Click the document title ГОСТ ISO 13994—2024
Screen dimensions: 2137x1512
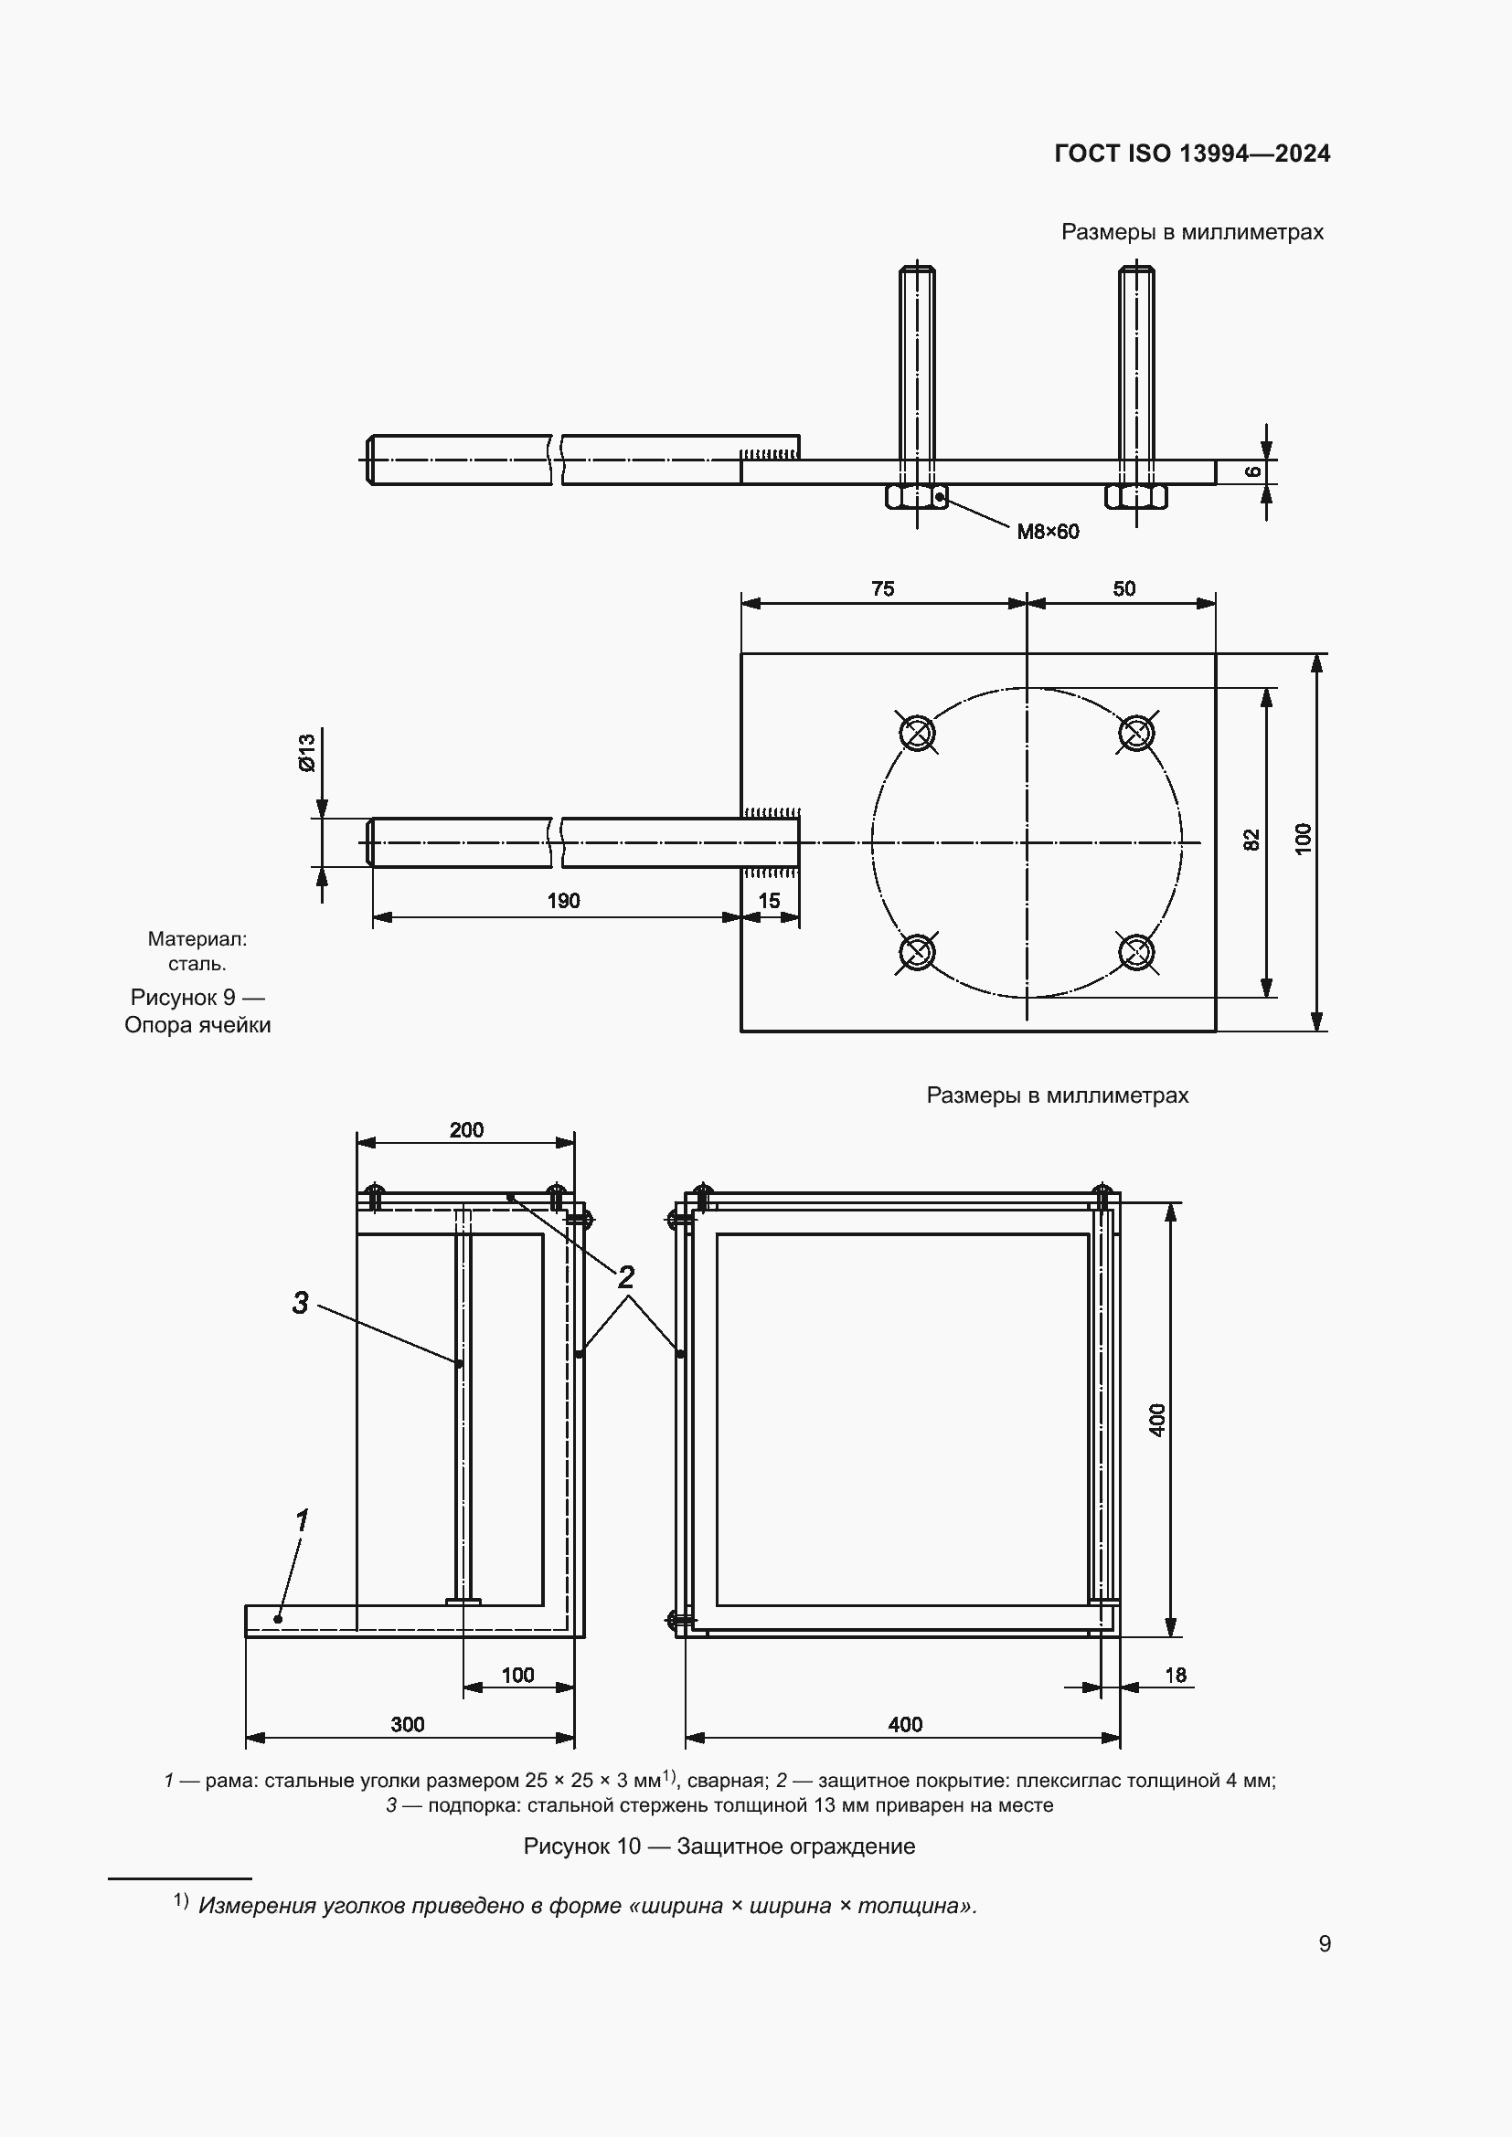tap(1192, 153)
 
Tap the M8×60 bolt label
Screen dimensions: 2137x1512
tap(1048, 532)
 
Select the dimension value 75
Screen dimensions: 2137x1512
tap(883, 588)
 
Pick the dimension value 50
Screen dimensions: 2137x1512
tap(1123, 588)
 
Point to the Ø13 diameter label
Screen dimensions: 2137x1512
tap(307, 752)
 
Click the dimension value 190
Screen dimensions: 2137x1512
tap(563, 900)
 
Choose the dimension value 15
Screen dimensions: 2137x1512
tap(769, 900)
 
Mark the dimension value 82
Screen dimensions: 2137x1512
tap(1252, 840)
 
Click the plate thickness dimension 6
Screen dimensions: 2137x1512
tap(1254, 471)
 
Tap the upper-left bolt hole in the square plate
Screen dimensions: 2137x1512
tap(917, 733)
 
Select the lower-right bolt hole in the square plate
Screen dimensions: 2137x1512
tap(1136, 951)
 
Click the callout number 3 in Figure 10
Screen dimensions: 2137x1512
tap(300, 1304)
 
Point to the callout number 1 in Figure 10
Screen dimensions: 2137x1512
tap(302, 1521)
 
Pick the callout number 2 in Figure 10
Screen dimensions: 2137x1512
tap(625, 1277)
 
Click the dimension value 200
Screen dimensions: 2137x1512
tap(466, 1129)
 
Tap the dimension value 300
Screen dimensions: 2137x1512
tap(408, 1724)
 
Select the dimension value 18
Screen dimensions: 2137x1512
tap(1175, 1675)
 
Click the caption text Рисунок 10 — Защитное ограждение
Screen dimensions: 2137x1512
tap(719, 1846)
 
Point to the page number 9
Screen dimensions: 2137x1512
tap(1324, 1943)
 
